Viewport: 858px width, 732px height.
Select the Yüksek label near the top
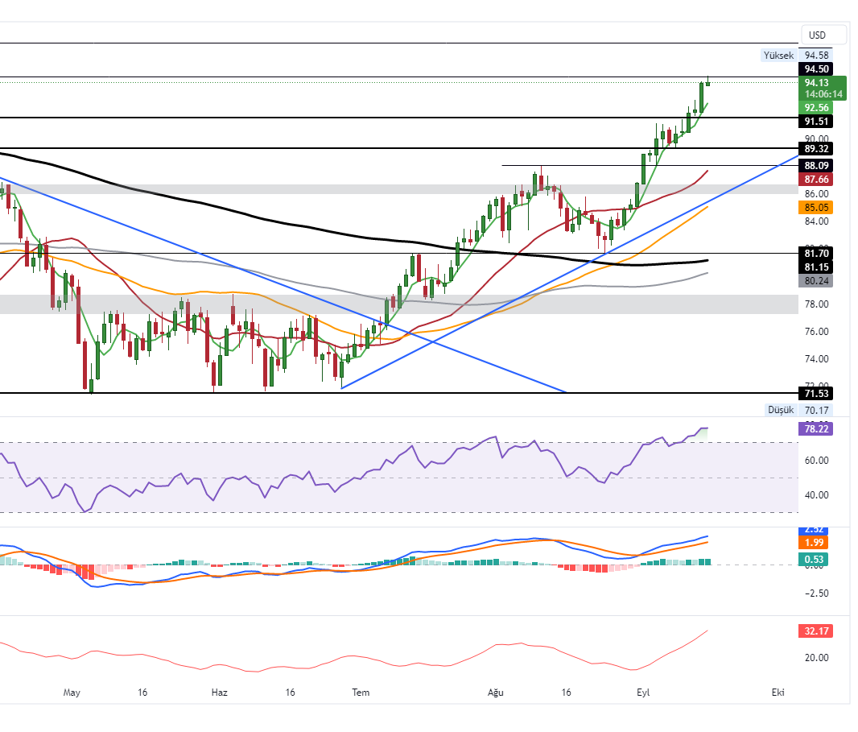tap(778, 55)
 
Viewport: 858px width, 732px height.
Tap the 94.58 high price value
tap(817, 55)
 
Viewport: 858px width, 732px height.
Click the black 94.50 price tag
tap(817, 69)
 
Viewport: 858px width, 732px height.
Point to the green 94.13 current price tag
tap(817, 82)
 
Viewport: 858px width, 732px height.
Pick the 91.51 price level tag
tap(817, 122)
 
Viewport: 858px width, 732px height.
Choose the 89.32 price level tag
tap(817, 149)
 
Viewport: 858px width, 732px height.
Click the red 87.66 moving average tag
tap(817, 179)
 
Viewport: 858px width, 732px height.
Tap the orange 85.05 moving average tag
tap(817, 207)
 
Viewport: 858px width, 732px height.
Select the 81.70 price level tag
tap(817, 253)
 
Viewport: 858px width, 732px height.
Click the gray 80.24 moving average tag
tap(817, 281)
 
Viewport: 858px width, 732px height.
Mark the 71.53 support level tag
tap(817, 393)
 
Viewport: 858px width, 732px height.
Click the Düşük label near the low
tap(780, 410)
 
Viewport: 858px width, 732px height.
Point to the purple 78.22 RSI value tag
tap(817, 428)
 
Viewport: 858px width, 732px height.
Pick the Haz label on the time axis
tap(220, 693)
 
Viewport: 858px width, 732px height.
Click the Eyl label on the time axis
tap(643, 693)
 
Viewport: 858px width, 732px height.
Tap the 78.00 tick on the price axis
tap(817, 304)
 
